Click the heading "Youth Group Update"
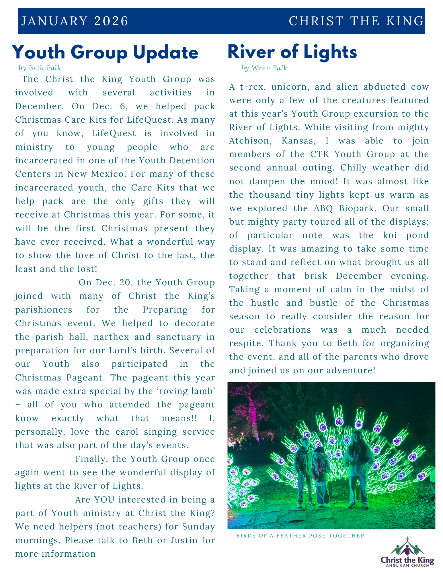pos(105,52)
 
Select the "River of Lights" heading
pos(292,52)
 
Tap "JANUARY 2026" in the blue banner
pos(75,21)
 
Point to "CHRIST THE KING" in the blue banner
pos(356,21)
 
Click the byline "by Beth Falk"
pos(40,68)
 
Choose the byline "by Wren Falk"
pos(264,68)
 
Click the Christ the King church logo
pos(407,552)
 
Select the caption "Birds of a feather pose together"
pos(300,536)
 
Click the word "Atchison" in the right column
pos(250,141)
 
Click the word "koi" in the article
pos(390,235)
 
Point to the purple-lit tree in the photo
pos(252,413)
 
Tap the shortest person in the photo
pos(320,476)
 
